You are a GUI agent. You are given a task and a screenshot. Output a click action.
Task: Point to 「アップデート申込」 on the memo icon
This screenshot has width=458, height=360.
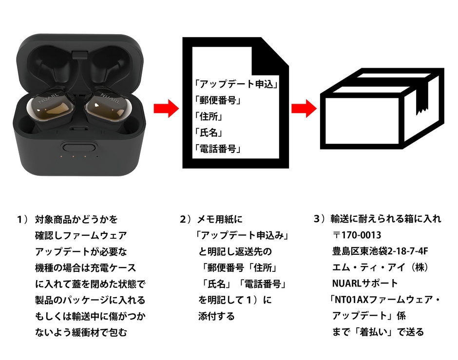(235, 84)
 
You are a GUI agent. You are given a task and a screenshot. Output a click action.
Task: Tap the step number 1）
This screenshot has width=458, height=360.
(24, 220)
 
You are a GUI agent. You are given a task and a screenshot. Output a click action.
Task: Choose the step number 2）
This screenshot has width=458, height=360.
(187, 220)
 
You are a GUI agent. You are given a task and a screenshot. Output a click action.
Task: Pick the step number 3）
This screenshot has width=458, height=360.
(321, 220)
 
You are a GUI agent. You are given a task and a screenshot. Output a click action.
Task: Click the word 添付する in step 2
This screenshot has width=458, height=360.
(216, 316)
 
